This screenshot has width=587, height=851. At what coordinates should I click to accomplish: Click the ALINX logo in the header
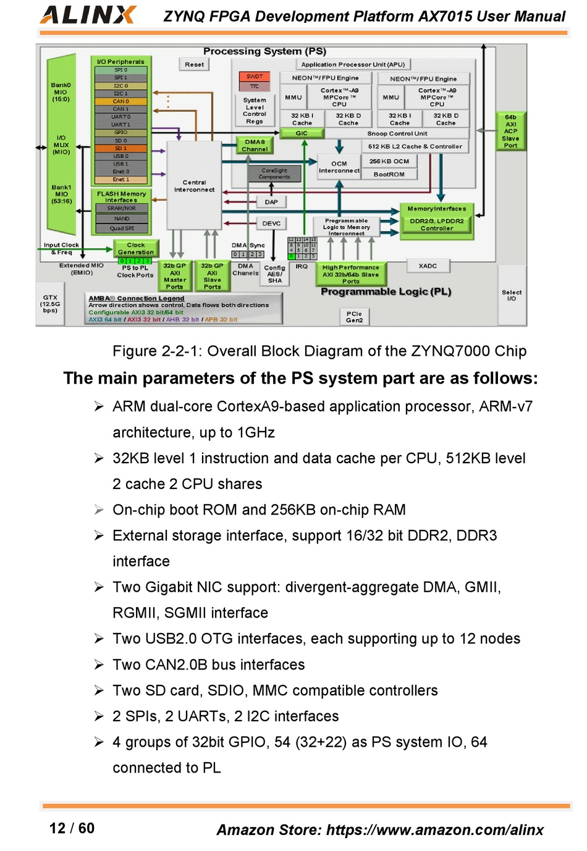pos(88,15)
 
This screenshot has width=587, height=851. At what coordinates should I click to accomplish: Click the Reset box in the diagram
pos(194,64)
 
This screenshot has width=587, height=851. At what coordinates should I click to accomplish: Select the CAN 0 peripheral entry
pos(121,101)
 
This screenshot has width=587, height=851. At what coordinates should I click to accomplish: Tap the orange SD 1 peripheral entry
pos(121,148)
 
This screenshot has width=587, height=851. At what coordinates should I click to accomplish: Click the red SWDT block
pos(255,77)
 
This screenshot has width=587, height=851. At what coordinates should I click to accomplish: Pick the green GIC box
pos(302,133)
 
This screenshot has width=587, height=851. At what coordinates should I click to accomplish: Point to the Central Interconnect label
pos(194,186)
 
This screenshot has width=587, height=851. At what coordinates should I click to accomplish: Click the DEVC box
pos(271,224)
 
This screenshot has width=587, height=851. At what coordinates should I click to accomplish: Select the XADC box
pos(428,266)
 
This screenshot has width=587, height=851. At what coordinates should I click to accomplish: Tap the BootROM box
pos(389,174)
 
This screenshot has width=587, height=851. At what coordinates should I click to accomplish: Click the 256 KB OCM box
pos(389,161)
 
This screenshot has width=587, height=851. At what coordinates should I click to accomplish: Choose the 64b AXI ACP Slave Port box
pos(510,131)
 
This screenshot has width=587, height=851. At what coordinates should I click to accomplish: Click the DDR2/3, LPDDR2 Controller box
pos(437,225)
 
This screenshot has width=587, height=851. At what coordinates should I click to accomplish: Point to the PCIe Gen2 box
pos(354,317)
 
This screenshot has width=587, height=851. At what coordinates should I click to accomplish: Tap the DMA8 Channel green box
pos(255,146)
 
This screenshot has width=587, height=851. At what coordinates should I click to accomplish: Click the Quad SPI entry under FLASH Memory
pos(122,228)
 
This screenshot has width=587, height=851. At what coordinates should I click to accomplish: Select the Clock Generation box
pos(136,249)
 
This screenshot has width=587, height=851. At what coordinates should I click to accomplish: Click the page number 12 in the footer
pos(57,828)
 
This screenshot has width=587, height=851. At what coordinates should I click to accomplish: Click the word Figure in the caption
pos(134,351)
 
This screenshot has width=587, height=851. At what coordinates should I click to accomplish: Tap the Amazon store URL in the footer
pos(434,830)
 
